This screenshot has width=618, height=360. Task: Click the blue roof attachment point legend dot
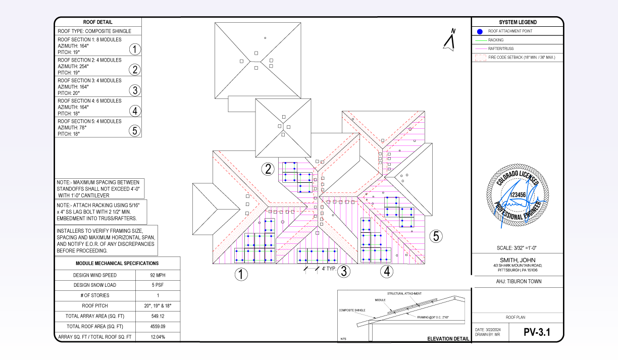[480, 31]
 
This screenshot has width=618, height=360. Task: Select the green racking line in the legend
[481, 40]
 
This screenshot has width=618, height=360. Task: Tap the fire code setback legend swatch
[481, 58]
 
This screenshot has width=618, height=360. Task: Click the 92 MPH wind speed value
[158, 275]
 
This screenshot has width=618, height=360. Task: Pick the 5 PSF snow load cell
[158, 285]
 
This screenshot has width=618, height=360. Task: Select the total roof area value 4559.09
[158, 327]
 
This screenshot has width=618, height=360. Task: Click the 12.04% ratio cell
[158, 337]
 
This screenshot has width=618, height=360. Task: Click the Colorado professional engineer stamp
[517, 196]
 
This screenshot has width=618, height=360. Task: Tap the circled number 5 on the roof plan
[436, 236]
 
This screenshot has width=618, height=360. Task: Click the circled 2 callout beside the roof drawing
[268, 169]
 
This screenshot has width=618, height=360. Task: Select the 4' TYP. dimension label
[329, 269]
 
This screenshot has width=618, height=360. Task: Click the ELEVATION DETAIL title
[448, 339]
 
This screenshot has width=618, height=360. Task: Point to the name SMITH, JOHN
[518, 260]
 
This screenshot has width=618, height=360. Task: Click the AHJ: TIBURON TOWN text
[518, 281]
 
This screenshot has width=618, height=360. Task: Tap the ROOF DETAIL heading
[98, 22]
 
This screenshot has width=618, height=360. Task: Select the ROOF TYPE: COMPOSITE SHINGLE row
[94, 31]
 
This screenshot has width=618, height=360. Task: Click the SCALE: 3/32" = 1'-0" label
[518, 248]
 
